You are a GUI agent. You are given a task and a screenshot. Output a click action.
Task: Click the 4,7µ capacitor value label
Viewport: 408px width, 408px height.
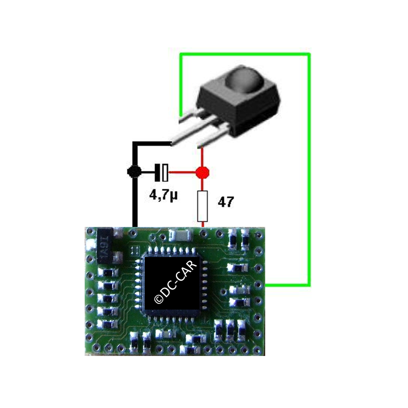(163, 195)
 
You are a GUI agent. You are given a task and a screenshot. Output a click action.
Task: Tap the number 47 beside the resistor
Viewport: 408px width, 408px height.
(226, 202)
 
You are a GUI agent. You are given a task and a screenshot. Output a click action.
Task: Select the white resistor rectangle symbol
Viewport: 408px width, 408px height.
(202, 206)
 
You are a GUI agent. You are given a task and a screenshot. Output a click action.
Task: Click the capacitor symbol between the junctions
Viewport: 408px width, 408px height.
(161, 172)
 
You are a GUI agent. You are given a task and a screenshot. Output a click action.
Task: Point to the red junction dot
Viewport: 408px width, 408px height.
(202, 172)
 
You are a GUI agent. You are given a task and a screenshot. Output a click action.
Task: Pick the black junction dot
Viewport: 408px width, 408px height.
(135, 172)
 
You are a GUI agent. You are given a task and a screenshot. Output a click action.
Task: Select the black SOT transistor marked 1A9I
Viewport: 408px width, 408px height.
(105, 246)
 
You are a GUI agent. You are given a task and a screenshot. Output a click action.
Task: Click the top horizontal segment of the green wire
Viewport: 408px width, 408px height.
(245, 55)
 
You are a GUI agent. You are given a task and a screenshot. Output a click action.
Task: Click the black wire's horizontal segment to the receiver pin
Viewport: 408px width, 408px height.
(152, 143)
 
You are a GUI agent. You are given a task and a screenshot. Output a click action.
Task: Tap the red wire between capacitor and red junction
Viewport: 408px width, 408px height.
(182, 172)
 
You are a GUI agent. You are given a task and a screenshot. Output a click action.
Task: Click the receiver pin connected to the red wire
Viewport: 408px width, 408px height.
(213, 137)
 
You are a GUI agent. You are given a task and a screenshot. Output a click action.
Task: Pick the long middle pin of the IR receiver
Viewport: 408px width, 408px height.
(194, 132)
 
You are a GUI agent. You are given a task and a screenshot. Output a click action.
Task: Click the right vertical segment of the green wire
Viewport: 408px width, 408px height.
(309, 170)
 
